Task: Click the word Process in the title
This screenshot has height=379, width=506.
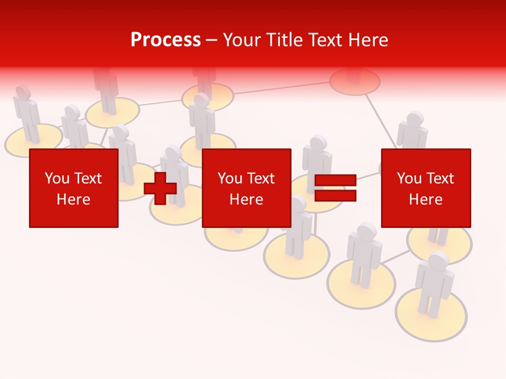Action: click(166, 40)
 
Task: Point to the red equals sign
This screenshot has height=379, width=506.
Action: click(335, 188)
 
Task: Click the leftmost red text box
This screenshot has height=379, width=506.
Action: click(74, 188)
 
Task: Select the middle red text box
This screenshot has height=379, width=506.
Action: click(247, 188)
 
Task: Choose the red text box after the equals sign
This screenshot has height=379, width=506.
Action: click(426, 188)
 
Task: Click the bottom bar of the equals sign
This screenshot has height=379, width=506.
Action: click(335, 196)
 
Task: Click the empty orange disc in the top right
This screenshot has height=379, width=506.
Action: click(355, 82)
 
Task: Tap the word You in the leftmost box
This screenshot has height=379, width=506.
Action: click(57, 178)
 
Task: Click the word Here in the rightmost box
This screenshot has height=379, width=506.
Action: click(426, 200)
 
